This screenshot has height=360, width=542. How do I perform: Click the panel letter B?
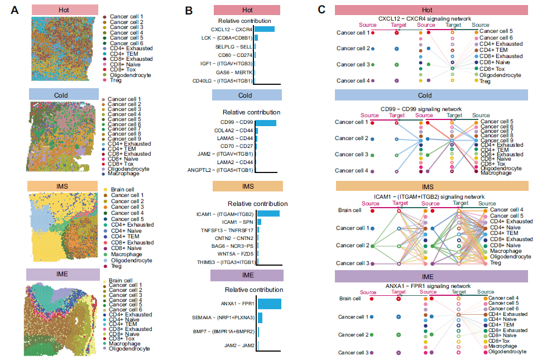click(189, 10)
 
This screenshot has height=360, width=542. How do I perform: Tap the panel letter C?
click(322, 9)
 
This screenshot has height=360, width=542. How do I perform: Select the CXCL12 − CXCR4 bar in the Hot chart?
click(265, 29)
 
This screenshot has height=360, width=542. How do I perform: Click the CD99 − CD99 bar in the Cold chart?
click(266, 123)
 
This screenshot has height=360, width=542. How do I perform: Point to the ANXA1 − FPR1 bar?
click(270, 304)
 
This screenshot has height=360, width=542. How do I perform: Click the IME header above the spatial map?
click(66, 275)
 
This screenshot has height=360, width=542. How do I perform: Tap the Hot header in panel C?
click(427, 10)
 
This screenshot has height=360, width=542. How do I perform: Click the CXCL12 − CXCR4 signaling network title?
click(427, 19)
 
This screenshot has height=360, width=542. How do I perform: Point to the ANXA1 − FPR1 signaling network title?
click(427, 286)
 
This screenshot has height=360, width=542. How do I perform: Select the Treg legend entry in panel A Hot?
click(115, 80)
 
